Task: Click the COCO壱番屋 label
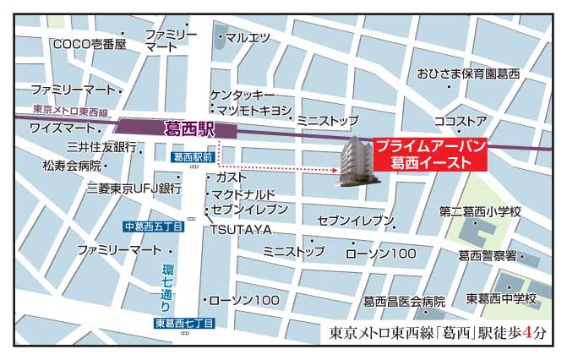[x=89, y=44]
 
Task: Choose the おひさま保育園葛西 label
[x=469, y=74]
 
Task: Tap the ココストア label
[x=460, y=121]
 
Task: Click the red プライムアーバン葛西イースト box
[x=429, y=154]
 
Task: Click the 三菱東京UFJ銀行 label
[x=134, y=188]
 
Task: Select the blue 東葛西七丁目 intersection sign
[x=184, y=324]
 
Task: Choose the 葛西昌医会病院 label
[x=404, y=302]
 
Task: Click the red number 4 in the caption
[x=528, y=332]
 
